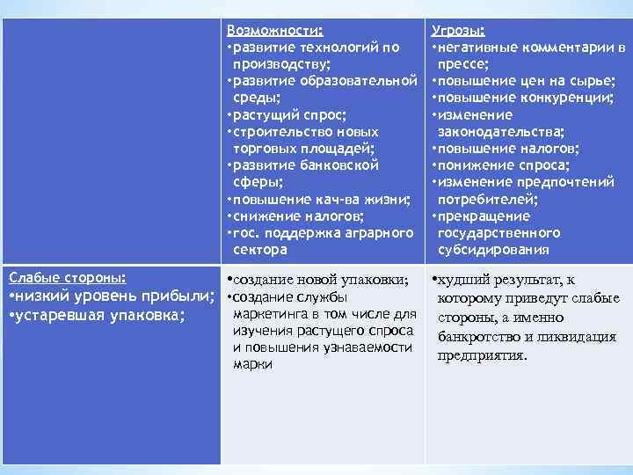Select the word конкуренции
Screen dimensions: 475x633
point(567,98)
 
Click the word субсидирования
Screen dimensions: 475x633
point(492,250)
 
